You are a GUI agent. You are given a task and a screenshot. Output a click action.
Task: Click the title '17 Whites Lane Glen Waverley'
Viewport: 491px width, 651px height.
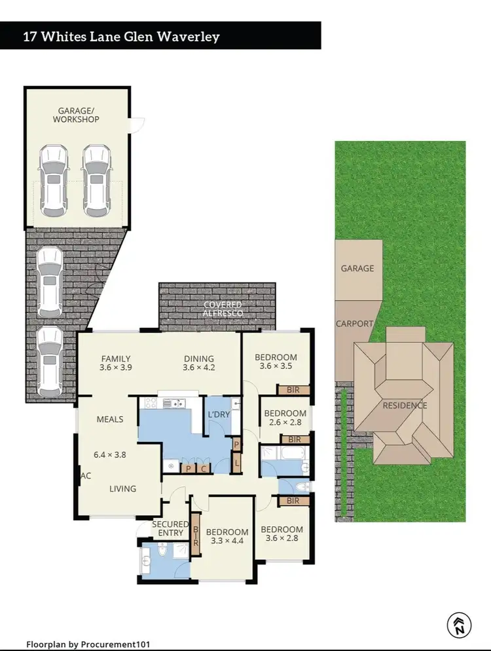click(x=122, y=36)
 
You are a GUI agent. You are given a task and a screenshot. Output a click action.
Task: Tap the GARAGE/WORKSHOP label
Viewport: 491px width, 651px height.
click(x=76, y=115)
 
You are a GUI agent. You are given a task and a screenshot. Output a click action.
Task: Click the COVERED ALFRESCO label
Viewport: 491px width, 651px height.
click(x=223, y=309)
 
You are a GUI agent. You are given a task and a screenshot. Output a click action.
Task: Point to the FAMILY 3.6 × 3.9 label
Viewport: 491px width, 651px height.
click(x=116, y=363)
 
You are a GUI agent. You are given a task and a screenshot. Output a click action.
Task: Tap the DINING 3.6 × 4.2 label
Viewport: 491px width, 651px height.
click(x=199, y=363)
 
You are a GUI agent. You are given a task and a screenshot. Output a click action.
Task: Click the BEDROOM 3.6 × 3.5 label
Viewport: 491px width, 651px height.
click(x=276, y=362)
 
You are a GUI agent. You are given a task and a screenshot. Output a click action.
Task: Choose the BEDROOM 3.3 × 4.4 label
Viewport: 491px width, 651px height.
click(x=227, y=536)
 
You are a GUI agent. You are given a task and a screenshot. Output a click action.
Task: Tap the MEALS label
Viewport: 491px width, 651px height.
click(x=110, y=420)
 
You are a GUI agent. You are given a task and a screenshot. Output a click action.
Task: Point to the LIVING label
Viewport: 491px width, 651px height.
click(x=122, y=488)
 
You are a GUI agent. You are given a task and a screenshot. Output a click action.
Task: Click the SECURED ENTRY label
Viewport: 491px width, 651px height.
click(x=168, y=528)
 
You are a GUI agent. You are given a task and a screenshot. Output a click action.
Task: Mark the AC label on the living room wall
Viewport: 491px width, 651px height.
click(x=85, y=475)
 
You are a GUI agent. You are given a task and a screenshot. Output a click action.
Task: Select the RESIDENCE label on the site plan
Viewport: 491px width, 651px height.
click(x=405, y=405)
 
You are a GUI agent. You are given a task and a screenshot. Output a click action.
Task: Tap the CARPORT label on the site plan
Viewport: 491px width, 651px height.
click(x=354, y=324)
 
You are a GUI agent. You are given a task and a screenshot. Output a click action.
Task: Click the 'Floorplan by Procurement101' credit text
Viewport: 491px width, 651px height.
click(x=92, y=644)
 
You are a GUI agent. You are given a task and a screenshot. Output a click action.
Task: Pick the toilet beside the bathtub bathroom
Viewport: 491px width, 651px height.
click(x=300, y=487)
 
